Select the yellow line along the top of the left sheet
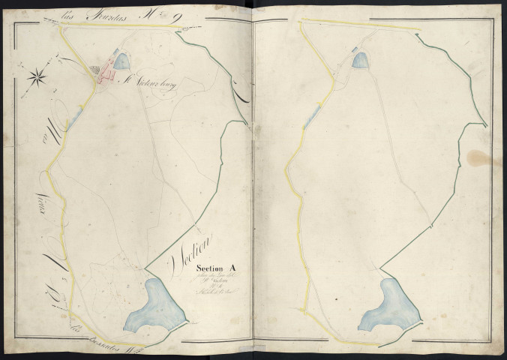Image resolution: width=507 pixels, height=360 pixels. pos(120,26)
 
